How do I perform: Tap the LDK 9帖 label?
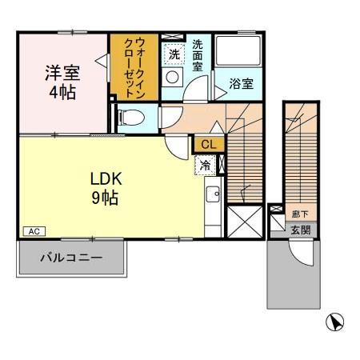click(x=105, y=186)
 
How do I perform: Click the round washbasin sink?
click(x=173, y=77)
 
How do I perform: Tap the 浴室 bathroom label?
click(x=242, y=83)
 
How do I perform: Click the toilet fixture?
click(x=132, y=119)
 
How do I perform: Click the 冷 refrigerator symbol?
click(x=205, y=166)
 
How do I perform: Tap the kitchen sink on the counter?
click(x=213, y=194)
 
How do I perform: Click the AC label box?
click(x=34, y=231)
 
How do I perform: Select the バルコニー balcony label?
click(x=72, y=259)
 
